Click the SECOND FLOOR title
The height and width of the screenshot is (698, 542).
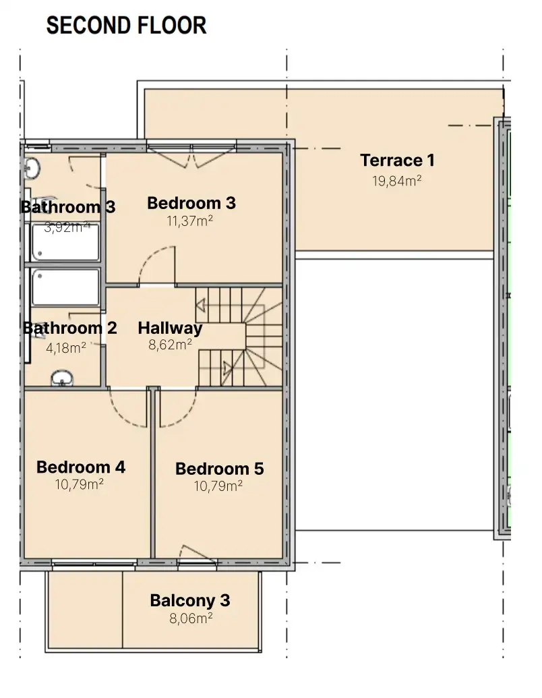[126, 26]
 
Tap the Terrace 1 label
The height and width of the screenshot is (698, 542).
[397, 161]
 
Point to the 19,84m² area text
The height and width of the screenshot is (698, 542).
[397, 181]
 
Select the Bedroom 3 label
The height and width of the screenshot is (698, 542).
[191, 203]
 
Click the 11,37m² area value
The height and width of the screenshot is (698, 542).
[190, 221]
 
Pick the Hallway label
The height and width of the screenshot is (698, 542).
[170, 328]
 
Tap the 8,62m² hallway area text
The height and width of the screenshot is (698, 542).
[171, 345]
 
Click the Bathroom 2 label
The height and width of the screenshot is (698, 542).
[70, 328]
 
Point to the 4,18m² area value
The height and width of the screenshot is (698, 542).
[66, 348]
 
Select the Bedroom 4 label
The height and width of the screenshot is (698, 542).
[81, 467]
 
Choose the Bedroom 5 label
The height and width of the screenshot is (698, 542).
[219, 469]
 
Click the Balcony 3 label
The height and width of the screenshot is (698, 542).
[190, 600]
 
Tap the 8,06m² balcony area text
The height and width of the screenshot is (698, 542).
[191, 618]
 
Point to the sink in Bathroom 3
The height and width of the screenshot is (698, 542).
[32, 169]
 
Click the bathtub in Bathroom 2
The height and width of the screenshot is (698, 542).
[65, 287]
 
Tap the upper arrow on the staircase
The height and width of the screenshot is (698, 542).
[200, 306]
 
